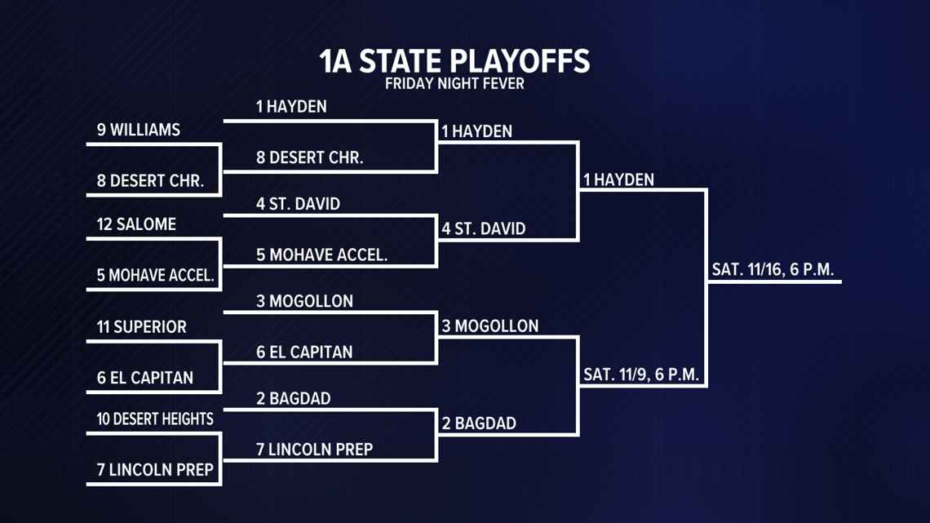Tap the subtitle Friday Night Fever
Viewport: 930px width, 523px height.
point(454,83)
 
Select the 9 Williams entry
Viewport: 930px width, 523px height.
point(139,131)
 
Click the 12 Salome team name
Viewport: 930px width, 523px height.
point(136,224)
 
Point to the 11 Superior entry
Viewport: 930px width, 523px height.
point(142,327)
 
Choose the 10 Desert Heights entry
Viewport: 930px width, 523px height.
point(155,419)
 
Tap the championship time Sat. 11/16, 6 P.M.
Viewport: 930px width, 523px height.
point(773,270)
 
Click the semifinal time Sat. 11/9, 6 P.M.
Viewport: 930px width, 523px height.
point(642,375)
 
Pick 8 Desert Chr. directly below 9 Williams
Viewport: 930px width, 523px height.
point(150,181)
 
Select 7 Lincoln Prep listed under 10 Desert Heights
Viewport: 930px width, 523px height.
point(155,470)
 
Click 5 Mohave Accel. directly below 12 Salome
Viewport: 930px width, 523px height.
point(156,276)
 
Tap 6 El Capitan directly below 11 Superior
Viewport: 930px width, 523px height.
point(145,378)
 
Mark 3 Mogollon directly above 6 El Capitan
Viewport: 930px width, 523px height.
point(304,302)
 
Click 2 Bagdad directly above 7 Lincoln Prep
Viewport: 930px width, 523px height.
point(293,399)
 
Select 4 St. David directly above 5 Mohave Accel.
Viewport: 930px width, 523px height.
point(298,204)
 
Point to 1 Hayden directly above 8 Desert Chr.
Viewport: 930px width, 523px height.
point(291,107)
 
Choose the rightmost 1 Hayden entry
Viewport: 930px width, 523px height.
point(618,180)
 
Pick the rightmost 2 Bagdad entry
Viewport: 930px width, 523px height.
point(479,424)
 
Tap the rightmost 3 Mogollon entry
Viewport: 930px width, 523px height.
point(490,326)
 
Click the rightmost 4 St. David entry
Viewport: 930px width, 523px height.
point(484,229)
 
